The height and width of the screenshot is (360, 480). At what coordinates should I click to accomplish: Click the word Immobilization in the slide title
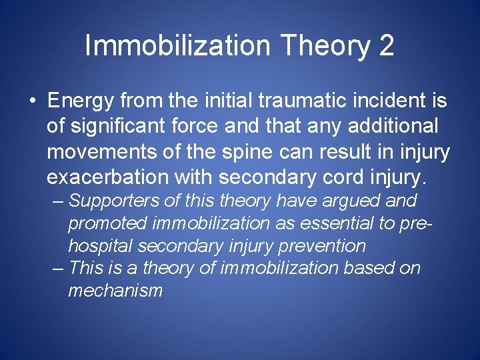(177, 46)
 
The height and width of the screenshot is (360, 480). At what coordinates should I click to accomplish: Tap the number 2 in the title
(386, 46)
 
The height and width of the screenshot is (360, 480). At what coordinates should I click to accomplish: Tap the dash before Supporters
(58, 201)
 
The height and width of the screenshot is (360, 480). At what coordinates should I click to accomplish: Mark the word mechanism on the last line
(115, 291)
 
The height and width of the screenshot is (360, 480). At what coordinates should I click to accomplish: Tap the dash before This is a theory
(58, 269)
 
